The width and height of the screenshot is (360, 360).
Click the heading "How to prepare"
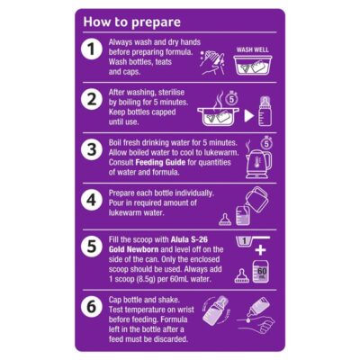tap(131, 22)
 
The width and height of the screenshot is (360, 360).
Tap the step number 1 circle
tap(92, 49)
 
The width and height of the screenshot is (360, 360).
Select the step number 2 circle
tap(92, 99)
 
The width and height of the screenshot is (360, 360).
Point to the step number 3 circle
tap(92, 149)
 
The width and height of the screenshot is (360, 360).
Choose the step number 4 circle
tap(92, 200)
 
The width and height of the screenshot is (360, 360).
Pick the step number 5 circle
tap(92, 247)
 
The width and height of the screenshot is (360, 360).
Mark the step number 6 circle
tap(92, 307)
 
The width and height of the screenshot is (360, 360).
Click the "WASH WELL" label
tap(252, 49)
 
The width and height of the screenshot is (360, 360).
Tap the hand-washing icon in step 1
tap(212, 62)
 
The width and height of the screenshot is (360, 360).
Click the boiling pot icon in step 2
tap(218, 115)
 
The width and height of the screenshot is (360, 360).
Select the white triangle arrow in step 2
tap(249, 116)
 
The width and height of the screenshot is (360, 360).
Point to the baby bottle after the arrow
tap(265, 112)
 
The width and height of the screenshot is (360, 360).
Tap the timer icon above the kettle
tap(266, 143)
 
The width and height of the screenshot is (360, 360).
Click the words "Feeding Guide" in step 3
tap(160, 163)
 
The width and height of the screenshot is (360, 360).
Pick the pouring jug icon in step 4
tap(256, 199)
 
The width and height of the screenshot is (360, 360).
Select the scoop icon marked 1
tap(252, 240)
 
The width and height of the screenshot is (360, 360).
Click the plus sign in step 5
tap(260, 250)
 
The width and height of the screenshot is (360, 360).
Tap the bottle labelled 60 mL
tap(260, 272)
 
